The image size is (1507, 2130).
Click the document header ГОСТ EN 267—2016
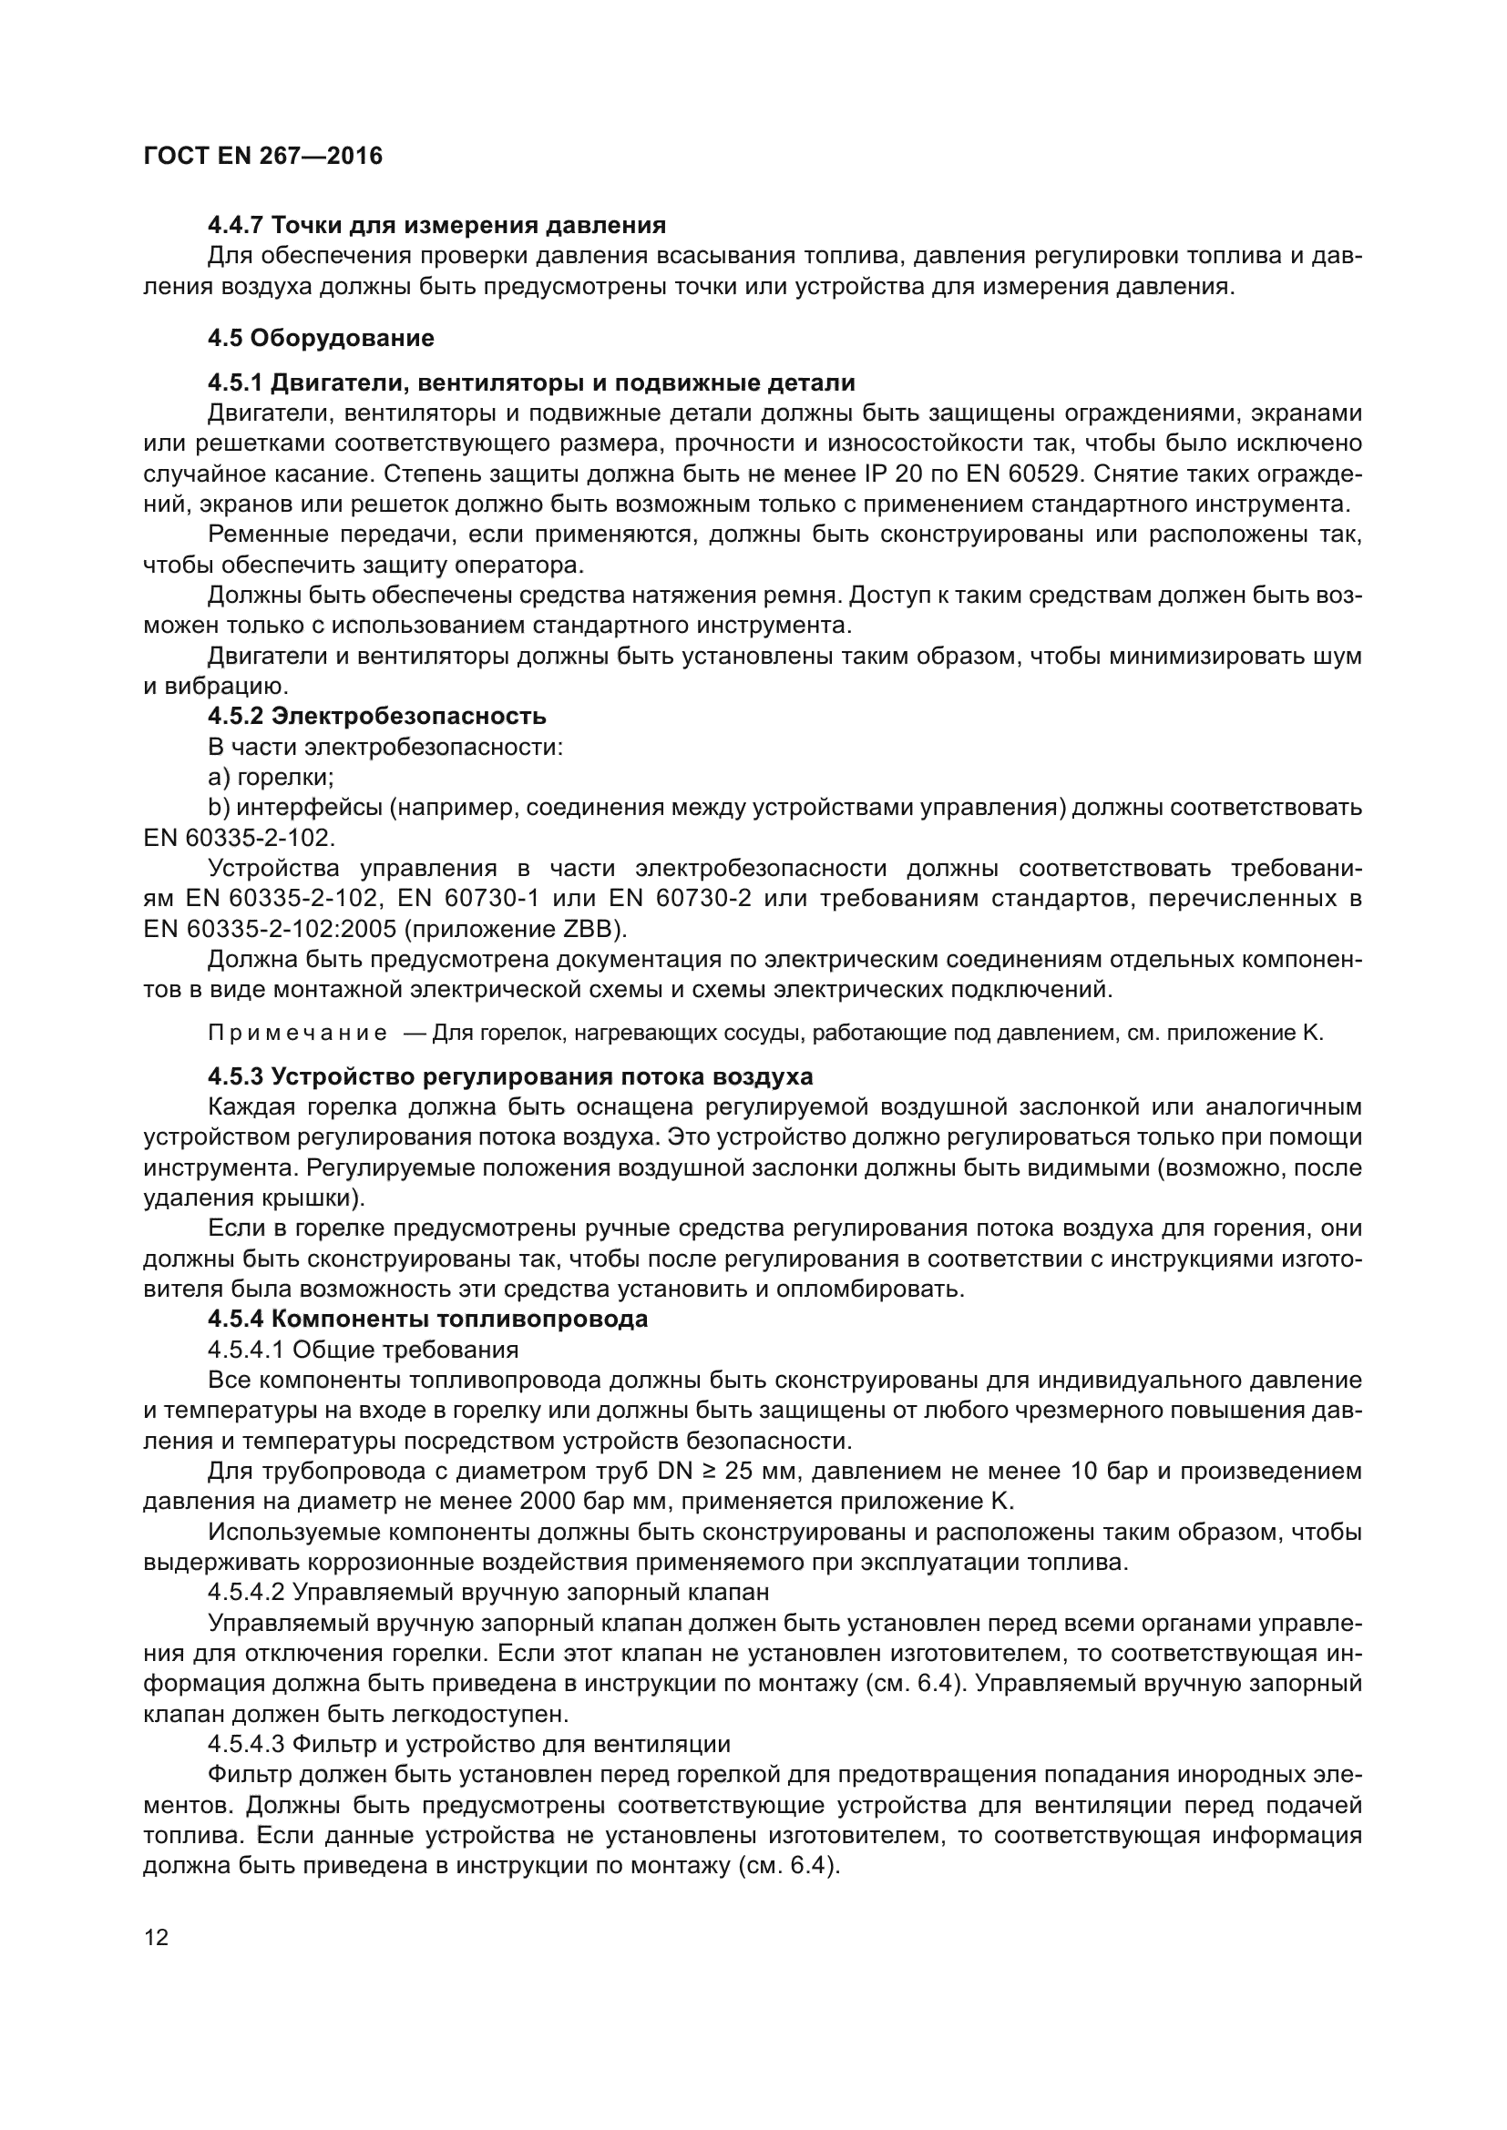pos(262,156)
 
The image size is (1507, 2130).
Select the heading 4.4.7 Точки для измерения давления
pos(436,226)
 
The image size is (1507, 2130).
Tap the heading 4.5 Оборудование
pos(320,338)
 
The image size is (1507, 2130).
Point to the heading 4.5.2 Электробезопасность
pos(377,716)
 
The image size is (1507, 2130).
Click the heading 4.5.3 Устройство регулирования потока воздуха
pos(510,1077)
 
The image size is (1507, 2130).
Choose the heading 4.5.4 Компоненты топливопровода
pos(428,1320)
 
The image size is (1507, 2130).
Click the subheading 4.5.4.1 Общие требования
pos(363,1349)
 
